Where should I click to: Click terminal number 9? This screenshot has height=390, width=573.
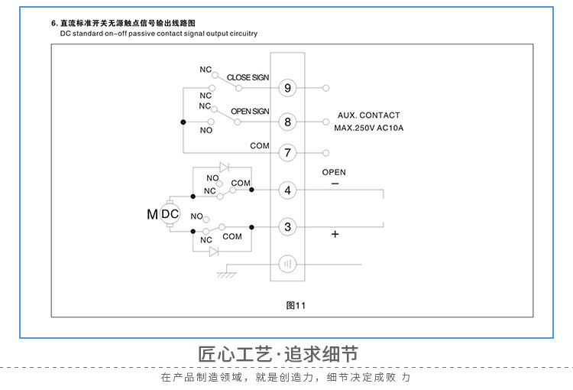pyautogui.click(x=287, y=88)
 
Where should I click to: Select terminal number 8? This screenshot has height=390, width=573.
pyautogui.click(x=287, y=122)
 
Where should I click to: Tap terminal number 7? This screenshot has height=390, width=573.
pyautogui.click(x=287, y=153)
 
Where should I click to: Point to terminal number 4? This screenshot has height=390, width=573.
pyautogui.click(x=287, y=190)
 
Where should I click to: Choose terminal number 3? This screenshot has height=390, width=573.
pyautogui.click(x=287, y=227)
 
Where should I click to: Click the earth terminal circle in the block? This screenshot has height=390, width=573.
pyautogui.click(x=287, y=264)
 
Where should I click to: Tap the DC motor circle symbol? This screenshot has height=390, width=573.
pyautogui.click(x=170, y=214)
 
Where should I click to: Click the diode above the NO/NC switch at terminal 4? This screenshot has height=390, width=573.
pyautogui.click(x=224, y=167)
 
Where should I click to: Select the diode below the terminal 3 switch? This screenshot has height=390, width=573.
pyautogui.click(x=214, y=252)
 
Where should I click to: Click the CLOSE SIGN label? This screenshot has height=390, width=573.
pyautogui.click(x=248, y=77)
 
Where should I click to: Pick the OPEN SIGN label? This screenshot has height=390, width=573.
pyautogui.click(x=250, y=111)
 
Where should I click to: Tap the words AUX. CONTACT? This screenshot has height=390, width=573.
pyautogui.click(x=369, y=115)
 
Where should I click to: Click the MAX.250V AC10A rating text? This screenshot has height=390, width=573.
pyautogui.click(x=369, y=128)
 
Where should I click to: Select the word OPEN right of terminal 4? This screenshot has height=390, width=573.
pyautogui.click(x=334, y=172)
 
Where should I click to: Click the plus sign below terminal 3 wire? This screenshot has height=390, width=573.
pyautogui.click(x=335, y=234)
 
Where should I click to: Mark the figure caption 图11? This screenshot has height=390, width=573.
pyautogui.click(x=296, y=305)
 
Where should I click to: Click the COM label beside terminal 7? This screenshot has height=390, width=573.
pyautogui.click(x=260, y=146)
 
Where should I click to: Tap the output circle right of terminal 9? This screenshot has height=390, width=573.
pyautogui.click(x=326, y=88)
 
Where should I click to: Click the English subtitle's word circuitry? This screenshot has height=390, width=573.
pyautogui.click(x=244, y=34)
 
